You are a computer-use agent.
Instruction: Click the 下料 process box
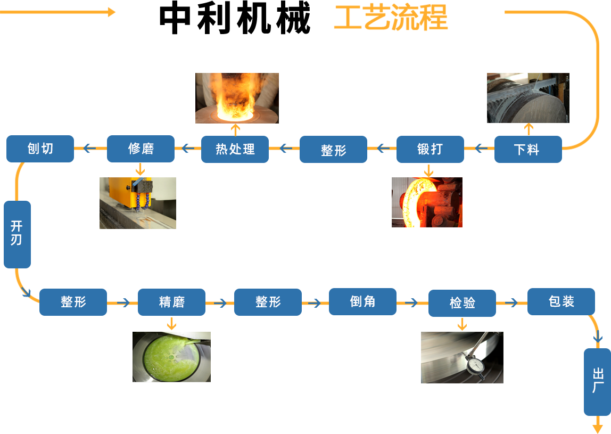click(x=527, y=149)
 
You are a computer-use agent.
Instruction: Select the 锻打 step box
click(x=430, y=149)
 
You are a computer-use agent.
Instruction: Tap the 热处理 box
click(x=235, y=149)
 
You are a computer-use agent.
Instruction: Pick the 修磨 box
click(x=141, y=149)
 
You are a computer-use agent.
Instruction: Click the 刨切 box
click(x=40, y=149)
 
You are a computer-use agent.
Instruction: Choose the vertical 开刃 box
click(x=17, y=234)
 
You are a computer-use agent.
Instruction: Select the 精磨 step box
click(x=171, y=302)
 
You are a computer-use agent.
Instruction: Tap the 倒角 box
click(x=362, y=301)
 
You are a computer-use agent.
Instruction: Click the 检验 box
click(x=462, y=303)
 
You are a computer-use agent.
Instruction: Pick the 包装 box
click(x=561, y=301)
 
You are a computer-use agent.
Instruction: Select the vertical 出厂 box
click(x=597, y=381)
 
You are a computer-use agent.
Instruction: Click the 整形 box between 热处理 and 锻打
click(x=333, y=150)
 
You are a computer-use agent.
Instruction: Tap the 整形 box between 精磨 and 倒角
click(x=268, y=302)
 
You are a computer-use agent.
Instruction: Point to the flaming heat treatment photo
click(x=237, y=98)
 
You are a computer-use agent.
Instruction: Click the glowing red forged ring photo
click(x=427, y=202)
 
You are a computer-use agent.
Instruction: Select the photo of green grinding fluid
click(x=171, y=356)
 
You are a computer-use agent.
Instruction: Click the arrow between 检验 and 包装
click(x=511, y=302)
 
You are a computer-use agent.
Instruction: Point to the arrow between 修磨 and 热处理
click(x=187, y=149)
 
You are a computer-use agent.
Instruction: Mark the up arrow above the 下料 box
click(x=528, y=128)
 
